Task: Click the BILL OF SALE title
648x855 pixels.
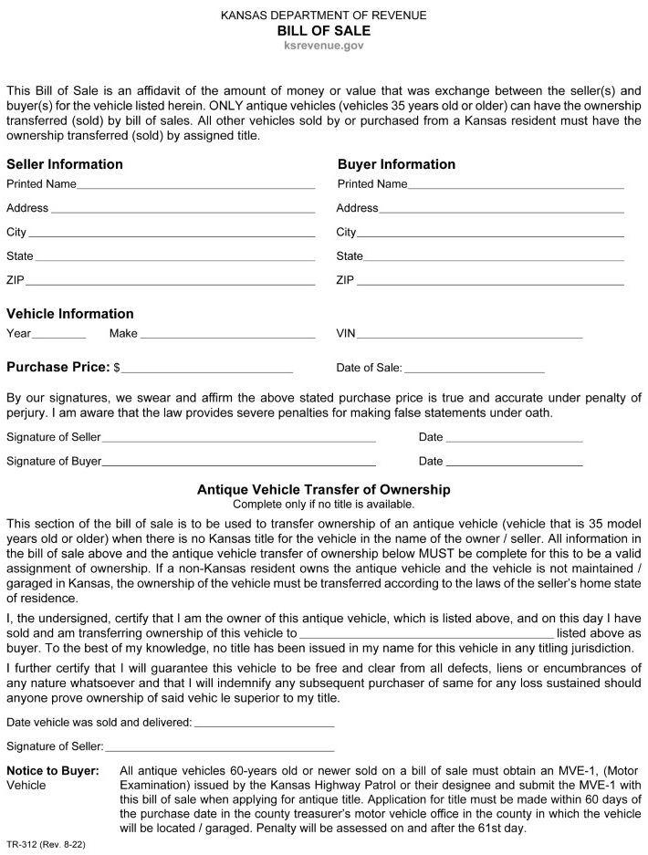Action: coord(324,30)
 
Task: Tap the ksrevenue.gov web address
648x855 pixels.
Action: coord(324,45)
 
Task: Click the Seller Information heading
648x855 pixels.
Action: coord(65,165)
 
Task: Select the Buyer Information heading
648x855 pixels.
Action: coord(396,165)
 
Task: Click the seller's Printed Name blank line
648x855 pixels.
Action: coord(195,185)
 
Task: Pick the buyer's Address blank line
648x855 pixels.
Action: coord(501,210)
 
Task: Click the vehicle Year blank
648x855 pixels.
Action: coord(59,336)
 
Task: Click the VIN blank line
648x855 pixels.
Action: coord(470,336)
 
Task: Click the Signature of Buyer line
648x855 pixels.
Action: coord(239,463)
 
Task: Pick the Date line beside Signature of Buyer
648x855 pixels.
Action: coord(514,463)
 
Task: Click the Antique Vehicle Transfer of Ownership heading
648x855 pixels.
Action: coord(324,490)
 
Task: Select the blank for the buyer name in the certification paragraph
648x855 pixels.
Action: coord(426,632)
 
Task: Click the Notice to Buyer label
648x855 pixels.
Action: coord(53,771)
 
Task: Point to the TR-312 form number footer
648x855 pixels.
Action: coord(46,846)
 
